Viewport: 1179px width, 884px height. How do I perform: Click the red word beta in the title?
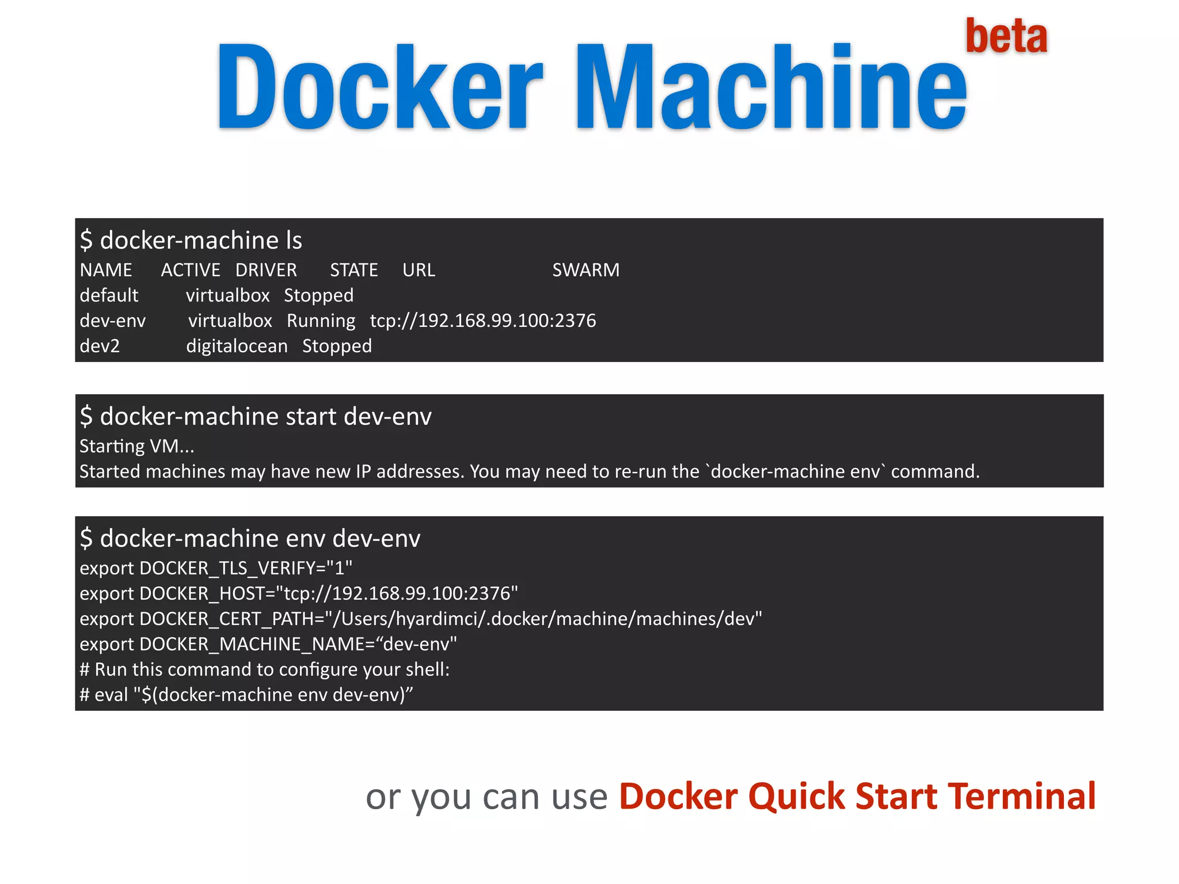tap(1006, 36)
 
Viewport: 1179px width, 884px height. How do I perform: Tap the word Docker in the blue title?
tap(379, 87)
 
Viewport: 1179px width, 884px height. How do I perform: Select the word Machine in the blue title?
tap(771, 87)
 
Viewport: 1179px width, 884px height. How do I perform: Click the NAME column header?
tap(106, 270)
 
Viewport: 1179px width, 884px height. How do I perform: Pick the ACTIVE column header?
tap(191, 270)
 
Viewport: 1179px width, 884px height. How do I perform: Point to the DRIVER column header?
tap(266, 270)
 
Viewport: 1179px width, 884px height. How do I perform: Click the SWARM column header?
tap(585, 270)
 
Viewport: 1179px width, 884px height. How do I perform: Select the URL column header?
tap(419, 270)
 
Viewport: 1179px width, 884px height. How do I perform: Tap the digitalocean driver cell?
tap(237, 346)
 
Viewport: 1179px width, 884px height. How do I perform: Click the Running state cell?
tap(321, 321)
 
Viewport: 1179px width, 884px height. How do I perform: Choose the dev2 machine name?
tap(100, 346)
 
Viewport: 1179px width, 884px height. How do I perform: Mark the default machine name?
tap(109, 295)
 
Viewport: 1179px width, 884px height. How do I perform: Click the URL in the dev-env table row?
tap(482, 321)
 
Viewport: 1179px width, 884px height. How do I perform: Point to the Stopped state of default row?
tap(318, 295)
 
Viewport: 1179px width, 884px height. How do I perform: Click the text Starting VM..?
tap(136, 446)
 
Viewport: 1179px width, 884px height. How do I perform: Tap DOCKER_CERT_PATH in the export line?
tap(231, 619)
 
